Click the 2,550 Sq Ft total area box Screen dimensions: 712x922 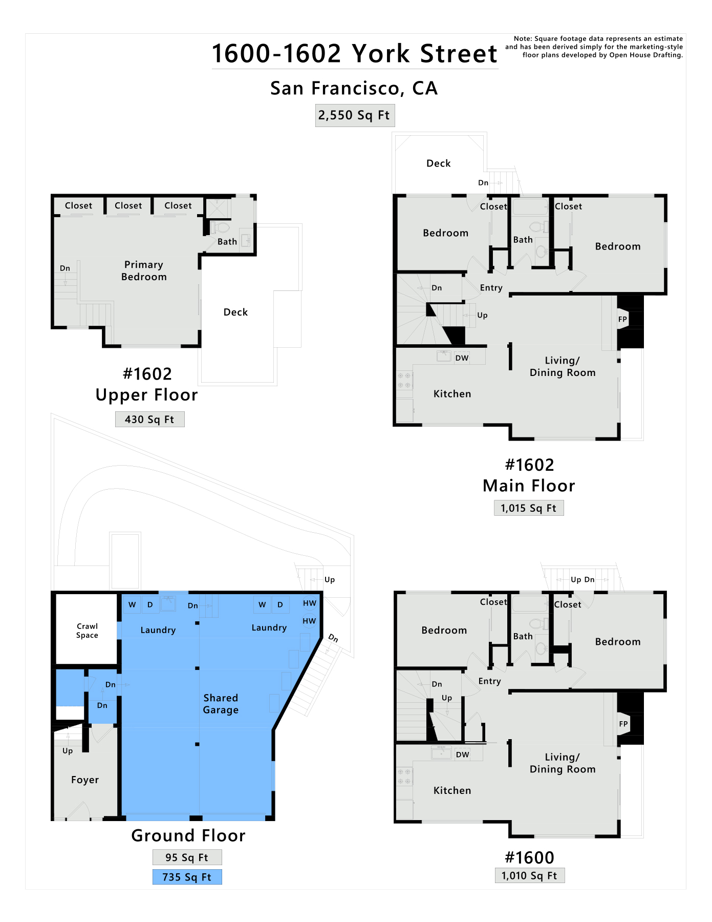(355, 115)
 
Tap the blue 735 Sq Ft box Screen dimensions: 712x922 (187, 877)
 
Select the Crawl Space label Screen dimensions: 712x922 (87, 631)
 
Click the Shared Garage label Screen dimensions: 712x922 (221, 704)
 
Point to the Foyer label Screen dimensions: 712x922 (85, 780)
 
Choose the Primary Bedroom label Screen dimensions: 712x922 (144, 270)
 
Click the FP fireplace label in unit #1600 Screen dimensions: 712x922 (623, 724)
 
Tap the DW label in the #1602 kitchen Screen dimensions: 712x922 (462, 358)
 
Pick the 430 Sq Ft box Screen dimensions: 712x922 (149, 420)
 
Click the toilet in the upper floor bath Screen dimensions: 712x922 (221, 227)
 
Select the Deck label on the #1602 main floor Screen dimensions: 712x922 (439, 163)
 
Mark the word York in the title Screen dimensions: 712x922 (381, 53)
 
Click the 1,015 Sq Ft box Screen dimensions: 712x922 (529, 508)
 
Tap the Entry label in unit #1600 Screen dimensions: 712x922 (490, 681)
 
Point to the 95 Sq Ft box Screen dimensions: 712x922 (187, 857)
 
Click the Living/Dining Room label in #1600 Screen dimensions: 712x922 (563, 763)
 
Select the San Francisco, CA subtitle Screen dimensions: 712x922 (354, 88)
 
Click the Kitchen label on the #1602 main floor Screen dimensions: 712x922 (452, 394)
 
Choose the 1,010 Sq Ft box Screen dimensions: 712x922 (530, 875)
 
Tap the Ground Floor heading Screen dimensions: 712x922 (188, 835)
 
